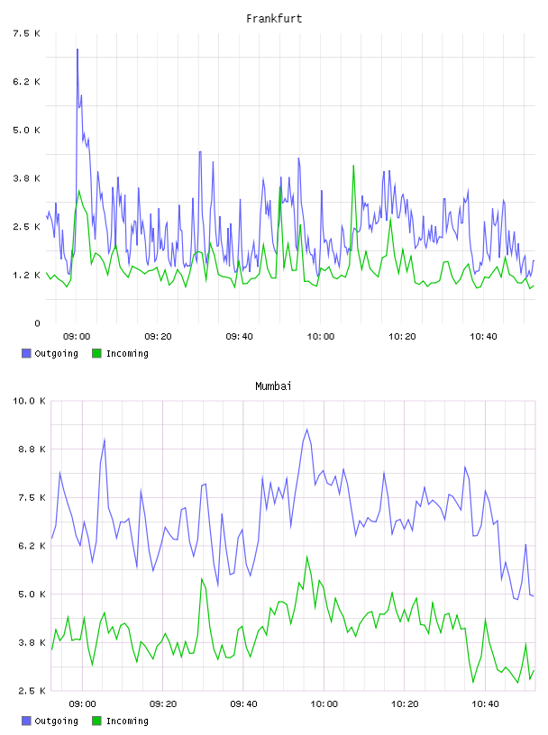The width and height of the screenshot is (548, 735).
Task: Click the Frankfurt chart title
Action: point(274,19)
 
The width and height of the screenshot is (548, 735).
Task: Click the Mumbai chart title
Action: point(273,386)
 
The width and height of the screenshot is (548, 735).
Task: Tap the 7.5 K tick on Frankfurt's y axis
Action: point(27,33)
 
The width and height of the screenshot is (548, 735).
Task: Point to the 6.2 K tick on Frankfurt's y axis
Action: point(27,82)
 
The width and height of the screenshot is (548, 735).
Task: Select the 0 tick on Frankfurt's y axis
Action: point(37,323)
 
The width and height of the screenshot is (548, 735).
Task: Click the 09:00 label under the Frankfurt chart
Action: point(77,336)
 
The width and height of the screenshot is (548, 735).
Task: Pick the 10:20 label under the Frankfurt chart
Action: point(402,336)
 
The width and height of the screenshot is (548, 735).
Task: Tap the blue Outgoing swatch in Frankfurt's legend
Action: point(26,353)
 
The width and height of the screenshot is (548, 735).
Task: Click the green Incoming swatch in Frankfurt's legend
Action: point(96,353)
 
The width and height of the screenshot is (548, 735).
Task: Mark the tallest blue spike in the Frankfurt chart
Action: point(78,50)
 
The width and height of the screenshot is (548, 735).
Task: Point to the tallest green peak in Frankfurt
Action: point(353,166)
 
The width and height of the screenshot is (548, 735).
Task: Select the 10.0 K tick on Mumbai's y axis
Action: point(29,401)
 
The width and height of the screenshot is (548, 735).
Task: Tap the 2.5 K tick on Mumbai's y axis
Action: point(32,691)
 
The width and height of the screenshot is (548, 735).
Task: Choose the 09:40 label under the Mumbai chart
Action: point(243,703)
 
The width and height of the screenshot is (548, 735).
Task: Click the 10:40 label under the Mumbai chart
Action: point(485,703)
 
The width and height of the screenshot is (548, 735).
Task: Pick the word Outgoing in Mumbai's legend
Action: point(56,721)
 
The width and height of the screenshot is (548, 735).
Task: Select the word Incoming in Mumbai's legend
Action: point(127,721)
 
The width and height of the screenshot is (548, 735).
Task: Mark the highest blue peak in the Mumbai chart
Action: point(306,430)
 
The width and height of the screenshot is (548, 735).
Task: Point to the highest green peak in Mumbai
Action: point(306,557)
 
